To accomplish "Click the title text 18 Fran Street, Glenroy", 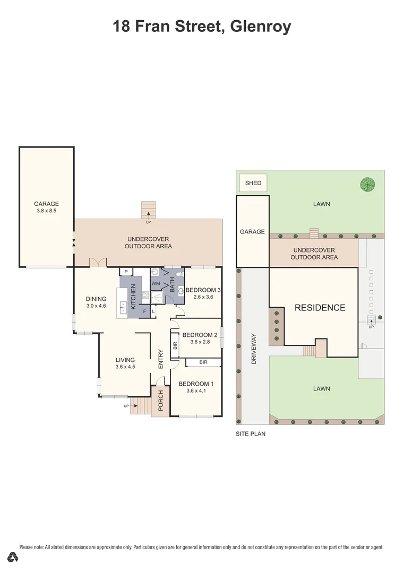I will click(202, 26).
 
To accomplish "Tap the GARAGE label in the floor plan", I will click(46, 204).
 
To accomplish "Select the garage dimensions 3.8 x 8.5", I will click(46, 211).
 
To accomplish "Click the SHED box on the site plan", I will click(253, 183).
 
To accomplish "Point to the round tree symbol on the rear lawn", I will click(367, 185).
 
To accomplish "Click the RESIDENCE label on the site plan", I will click(320, 308).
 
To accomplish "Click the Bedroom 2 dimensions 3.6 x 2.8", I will click(200, 342).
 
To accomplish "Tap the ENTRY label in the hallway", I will click(160, 359).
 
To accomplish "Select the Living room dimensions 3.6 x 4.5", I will click(125, 366).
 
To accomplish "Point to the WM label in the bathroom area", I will click(156, 284).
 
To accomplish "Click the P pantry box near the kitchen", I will click(126, 272).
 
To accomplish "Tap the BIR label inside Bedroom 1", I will click(203, 362).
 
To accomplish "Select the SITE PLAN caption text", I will click(251, 433).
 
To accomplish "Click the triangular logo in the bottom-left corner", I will click(13, 557).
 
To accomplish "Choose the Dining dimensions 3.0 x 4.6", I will click(96, 306).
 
